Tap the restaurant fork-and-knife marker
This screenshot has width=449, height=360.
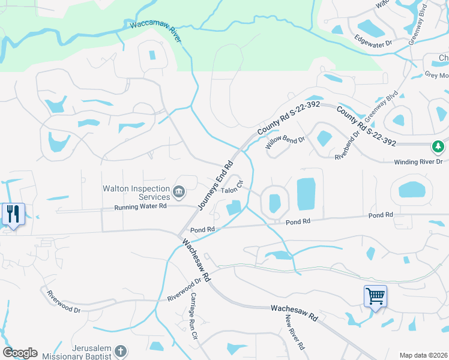13,214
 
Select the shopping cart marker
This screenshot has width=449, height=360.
375,295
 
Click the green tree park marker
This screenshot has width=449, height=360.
439,146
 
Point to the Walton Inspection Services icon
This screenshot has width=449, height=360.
179,192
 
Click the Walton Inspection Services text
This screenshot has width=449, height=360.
137,192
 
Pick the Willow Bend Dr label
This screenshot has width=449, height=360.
286,142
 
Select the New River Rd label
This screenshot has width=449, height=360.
295,332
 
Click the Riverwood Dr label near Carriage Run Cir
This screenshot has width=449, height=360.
184,290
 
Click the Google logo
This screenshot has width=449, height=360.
20,353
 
